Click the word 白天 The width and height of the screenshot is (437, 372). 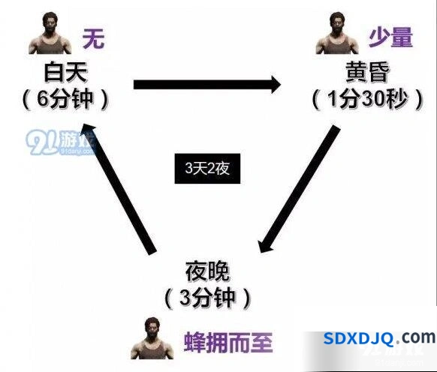[66, 73]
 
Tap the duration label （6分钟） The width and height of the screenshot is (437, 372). [65, 100]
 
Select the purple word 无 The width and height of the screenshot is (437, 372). [93, 39]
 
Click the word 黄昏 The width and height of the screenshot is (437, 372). [367, 72]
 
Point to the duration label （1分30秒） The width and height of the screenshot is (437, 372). [368, 100]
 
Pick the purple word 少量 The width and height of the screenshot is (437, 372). [390, 37]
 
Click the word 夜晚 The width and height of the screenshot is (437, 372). [207, 271]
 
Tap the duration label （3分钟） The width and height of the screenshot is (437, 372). [208, 298]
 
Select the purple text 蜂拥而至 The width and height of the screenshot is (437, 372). [228, 343]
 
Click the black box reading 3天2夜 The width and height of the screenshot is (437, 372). [207, 169]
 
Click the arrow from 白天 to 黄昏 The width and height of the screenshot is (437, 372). [207, 84]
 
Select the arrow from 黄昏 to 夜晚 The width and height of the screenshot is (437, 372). [300, 189]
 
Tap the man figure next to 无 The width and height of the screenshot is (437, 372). [50, 33]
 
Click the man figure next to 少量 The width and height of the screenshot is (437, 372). [337, 33]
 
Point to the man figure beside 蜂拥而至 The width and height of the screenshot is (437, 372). [152, 338]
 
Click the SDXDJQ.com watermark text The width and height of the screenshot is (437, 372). [379, 338]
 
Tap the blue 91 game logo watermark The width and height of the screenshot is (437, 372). [61, 142]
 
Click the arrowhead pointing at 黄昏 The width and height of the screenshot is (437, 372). [276, 84]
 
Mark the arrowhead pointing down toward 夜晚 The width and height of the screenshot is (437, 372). [264, 245]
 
